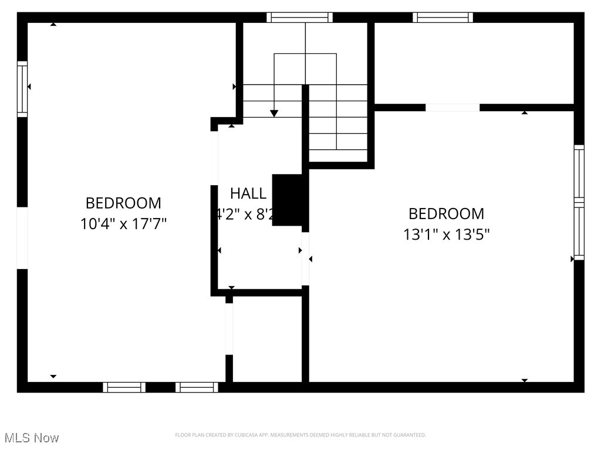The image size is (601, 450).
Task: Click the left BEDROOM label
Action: point(123,203)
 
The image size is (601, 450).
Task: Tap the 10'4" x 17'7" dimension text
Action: point(123,224)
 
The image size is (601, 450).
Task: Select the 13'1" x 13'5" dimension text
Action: point(447,234)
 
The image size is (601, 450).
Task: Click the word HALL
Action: point(248,193)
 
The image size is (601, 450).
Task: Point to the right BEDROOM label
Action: point(447,213)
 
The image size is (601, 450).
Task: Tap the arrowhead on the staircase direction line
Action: point(274,113)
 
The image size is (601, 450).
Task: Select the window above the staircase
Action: point(299,18)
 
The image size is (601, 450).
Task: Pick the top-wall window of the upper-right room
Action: point(443,18)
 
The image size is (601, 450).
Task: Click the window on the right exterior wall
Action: point(579,202)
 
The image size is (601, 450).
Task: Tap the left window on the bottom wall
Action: point(124,387)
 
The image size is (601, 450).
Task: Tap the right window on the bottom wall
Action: point(197,387)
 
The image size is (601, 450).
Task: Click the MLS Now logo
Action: point(32,438)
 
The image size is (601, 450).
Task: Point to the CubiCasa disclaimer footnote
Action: point(300,435)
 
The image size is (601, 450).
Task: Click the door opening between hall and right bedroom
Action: point(305,258)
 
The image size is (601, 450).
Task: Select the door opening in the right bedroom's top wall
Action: point(453,107)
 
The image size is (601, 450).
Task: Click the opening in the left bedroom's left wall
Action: point(22,238)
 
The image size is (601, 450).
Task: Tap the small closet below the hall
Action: point(267,339)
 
